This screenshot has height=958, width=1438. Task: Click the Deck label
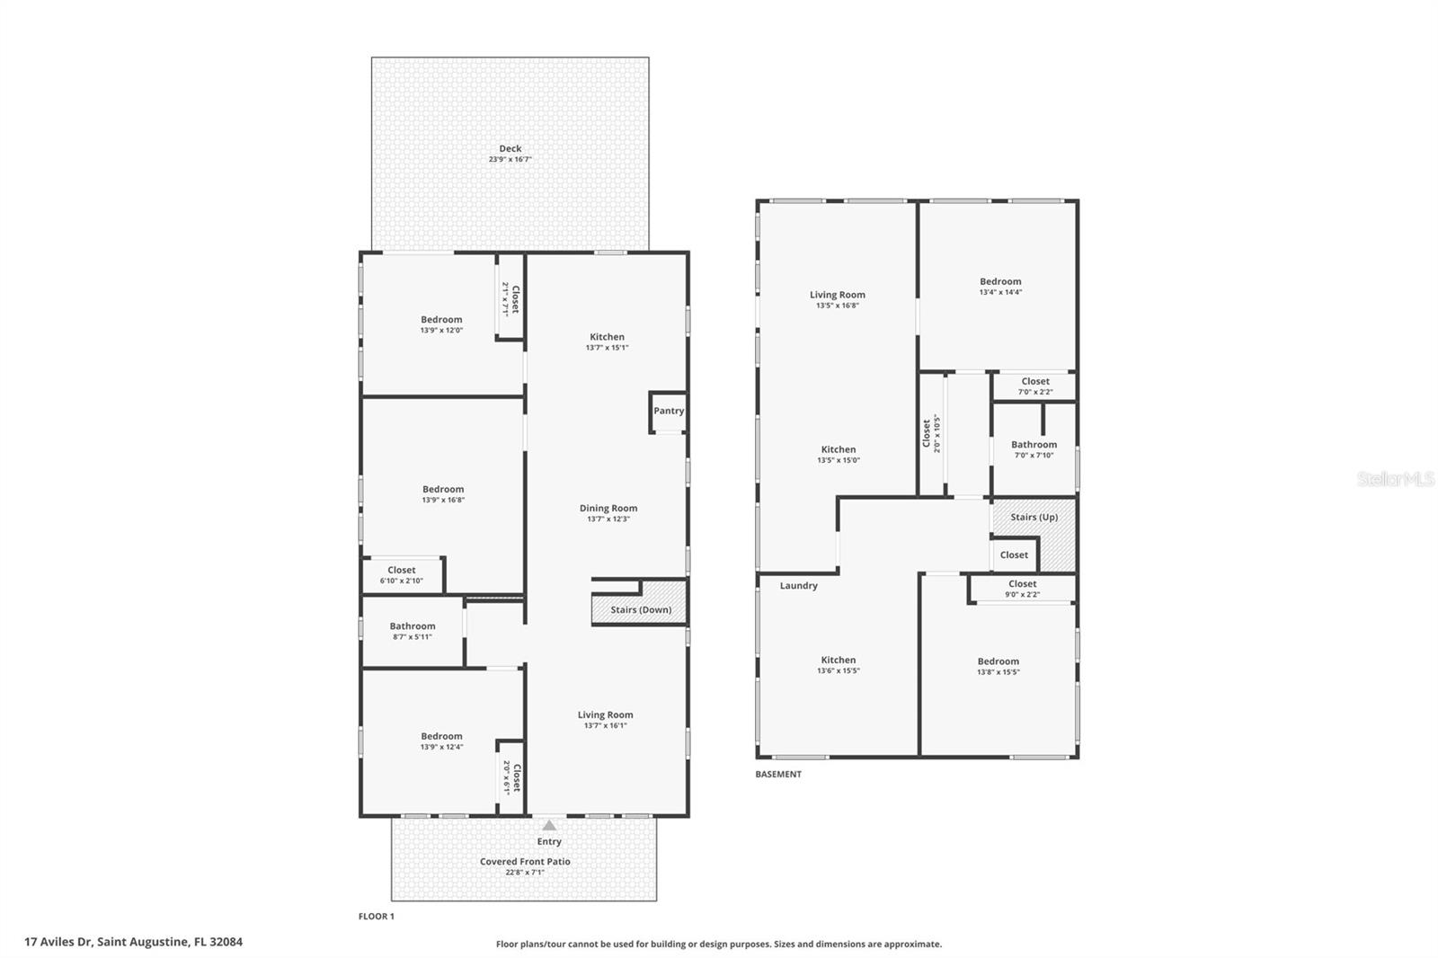pyautogui.click(x=510, y=149)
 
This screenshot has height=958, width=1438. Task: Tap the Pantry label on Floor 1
pyautogui.click(x=669, y=411)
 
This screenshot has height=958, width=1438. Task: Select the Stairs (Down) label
pyautogui.click(x=641, y=609)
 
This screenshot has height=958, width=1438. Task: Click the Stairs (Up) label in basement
pyautogui.click(x=1034, y=517)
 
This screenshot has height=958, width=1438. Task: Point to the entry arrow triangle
pyautogui.click(x=549, y=825)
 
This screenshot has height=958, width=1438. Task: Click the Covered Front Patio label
pyautogui.click(x=525, y=862)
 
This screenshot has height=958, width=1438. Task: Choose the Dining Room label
pyautogui.click(x=608, y=509)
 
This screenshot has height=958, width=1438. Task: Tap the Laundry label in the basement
pyautogui.click(x=798, y=586)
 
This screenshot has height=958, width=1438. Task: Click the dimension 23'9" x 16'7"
pyautogui.click(x=510, y=160)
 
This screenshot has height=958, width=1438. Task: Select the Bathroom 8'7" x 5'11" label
pyautogui.click(x=413, y=631)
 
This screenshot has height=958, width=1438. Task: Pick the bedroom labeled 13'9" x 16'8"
pyautogui.click(x=443, y=494)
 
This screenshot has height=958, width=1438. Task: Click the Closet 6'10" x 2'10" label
pyautogui.click(x=402, y=575)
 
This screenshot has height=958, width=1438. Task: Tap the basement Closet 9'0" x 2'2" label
pyautogui.click(x=1022, y=589)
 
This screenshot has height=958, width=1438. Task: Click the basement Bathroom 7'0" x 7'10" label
pyautogui.click(x=1034, y=449)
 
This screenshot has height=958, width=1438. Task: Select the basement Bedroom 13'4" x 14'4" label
pyautogui.click(x=1000, y=286)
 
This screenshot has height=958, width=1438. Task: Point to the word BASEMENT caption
pyautogui.click(x=778, y=774)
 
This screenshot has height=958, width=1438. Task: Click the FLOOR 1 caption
pyautogui.click(x=377, y=917)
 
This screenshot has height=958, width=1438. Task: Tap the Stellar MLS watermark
pyautogui.click(x=1395, y=480)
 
